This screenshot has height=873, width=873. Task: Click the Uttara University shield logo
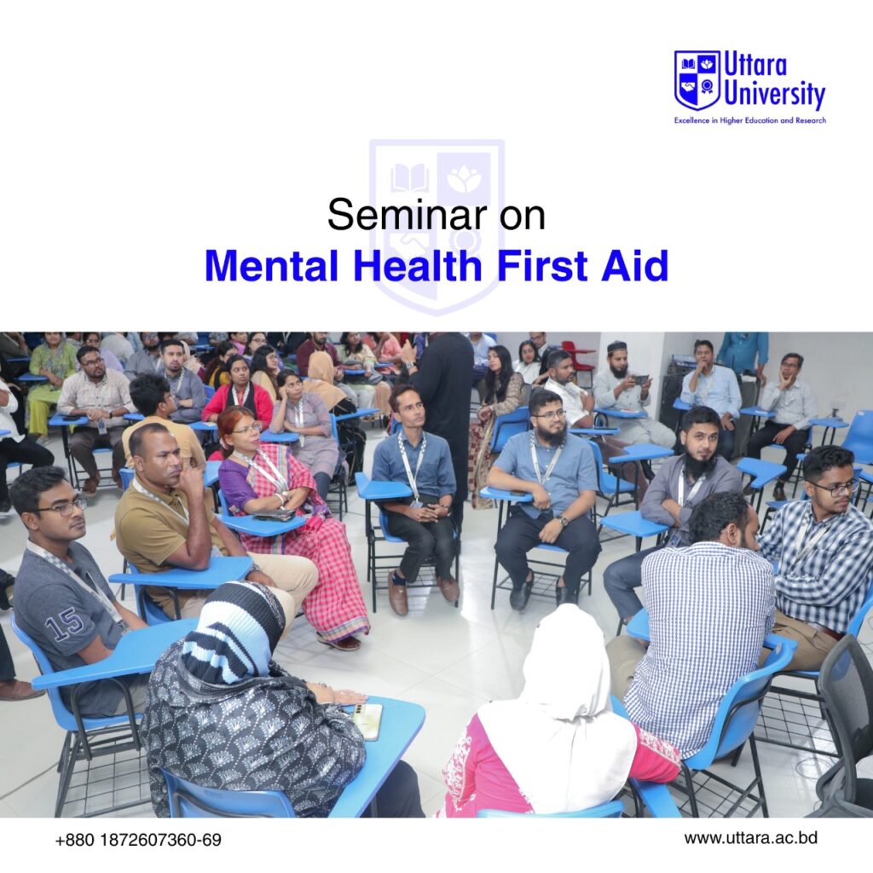coord(697,79)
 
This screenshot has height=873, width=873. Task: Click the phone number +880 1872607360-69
coord(138,840)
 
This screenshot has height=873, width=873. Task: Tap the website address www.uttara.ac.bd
coord(750,838)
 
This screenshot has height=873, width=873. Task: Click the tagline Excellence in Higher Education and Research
coord(749,120)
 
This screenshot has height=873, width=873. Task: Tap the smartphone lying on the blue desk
coord(368,721)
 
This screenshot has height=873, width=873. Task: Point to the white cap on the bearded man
coord(617,346)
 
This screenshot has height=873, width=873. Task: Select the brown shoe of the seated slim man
coord(397,592)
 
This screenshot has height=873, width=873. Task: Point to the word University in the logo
coord(774,94)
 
